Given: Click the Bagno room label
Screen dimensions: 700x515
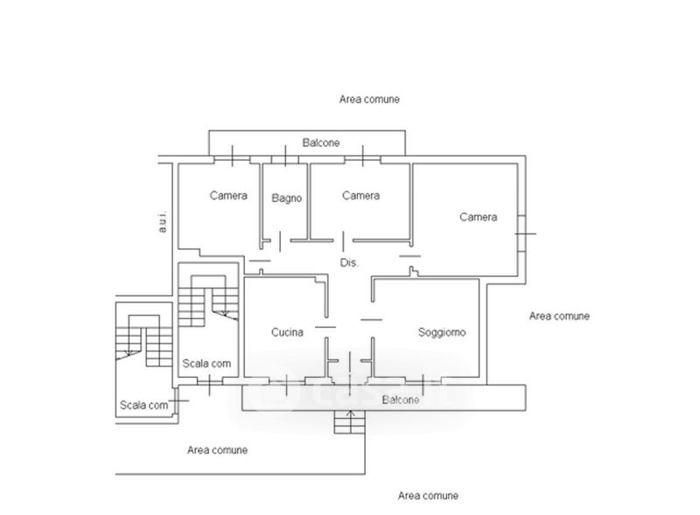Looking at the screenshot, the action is tap(287, 198).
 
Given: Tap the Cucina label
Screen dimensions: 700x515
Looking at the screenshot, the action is tap(287, 332).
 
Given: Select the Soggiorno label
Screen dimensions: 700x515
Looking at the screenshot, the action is tap(442, 332).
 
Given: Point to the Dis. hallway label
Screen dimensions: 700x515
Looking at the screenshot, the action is tap(349, 263).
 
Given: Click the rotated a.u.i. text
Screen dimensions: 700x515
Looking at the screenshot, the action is tap(163, 221).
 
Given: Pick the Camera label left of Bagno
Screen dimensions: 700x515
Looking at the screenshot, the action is tap(228, 196).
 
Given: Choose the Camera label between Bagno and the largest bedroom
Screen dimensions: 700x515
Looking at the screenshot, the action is tap(360, 196).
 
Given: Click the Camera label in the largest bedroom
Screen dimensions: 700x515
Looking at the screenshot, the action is tap(478, 217).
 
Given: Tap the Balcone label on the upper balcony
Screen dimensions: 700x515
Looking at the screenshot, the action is tap(321, 143).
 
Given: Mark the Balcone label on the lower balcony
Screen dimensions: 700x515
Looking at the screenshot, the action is tap(401, 400).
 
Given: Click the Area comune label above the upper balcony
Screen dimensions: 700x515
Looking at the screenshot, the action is tap(369, 99).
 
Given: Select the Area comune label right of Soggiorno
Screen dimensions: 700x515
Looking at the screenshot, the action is tap(559, 316).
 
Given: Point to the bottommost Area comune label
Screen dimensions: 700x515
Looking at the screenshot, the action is tap(428, 496).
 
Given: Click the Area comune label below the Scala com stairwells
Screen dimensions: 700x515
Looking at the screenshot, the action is tap(217, 449).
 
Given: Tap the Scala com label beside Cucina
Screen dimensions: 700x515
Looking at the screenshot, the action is tap(206, 363).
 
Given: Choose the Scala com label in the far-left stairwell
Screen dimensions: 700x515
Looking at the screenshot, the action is tap(143, 405).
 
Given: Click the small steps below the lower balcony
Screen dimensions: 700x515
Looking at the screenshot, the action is tap(350, 422).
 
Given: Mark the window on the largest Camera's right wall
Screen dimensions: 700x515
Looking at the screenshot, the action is tap(521, 233).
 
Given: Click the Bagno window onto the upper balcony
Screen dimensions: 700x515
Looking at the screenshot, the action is tap(285, 159).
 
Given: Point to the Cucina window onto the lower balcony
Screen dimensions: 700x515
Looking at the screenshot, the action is tap(287, 381).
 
